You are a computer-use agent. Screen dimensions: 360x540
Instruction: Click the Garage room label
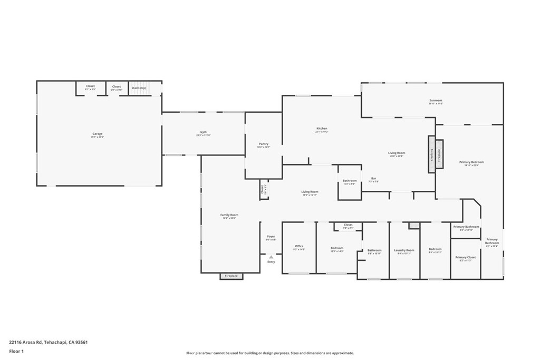98,134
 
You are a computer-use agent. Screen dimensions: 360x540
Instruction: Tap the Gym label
203,132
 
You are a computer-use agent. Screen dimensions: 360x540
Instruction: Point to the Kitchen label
322,129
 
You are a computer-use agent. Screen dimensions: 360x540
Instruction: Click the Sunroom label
436,100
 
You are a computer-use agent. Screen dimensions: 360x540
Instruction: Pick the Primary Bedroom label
471,162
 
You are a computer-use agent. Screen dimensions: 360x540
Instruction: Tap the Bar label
373,178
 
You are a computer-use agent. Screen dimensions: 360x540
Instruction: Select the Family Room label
229,215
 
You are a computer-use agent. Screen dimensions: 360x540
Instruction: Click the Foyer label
271,237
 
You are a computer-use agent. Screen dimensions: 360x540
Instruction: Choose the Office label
299,246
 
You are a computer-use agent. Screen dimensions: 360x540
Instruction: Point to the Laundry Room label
404,250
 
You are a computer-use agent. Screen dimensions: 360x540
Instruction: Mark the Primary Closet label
465,257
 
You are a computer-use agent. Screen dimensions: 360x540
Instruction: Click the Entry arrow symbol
271,257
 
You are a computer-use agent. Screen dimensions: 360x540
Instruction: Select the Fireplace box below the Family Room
232,276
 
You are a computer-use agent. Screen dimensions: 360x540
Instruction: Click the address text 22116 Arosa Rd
48,342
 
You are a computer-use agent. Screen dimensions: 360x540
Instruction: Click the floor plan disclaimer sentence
269,353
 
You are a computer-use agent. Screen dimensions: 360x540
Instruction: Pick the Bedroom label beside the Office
337,248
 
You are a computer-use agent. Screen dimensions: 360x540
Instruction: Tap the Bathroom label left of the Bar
350,181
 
